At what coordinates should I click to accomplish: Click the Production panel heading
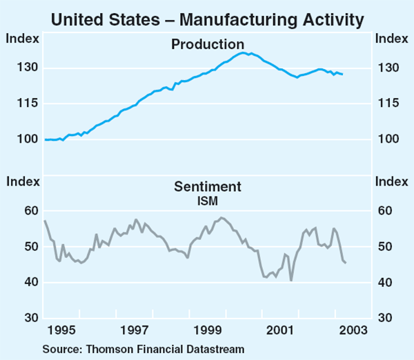tap(206, 44)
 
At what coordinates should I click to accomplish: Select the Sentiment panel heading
tap(206, 187)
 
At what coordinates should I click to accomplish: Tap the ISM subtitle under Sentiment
tap(206, 201)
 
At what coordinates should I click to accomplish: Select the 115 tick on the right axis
tap(386, 103)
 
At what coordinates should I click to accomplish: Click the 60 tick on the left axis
tap(32, 211)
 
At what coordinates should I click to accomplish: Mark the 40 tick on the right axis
tap(384, 283)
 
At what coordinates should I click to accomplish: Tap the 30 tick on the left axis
tap(32, 318)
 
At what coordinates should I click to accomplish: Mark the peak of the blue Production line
tap(244, 52)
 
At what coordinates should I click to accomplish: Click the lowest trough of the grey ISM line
tap(291, 280)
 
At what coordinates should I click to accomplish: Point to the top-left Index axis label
tap(19, 38)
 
